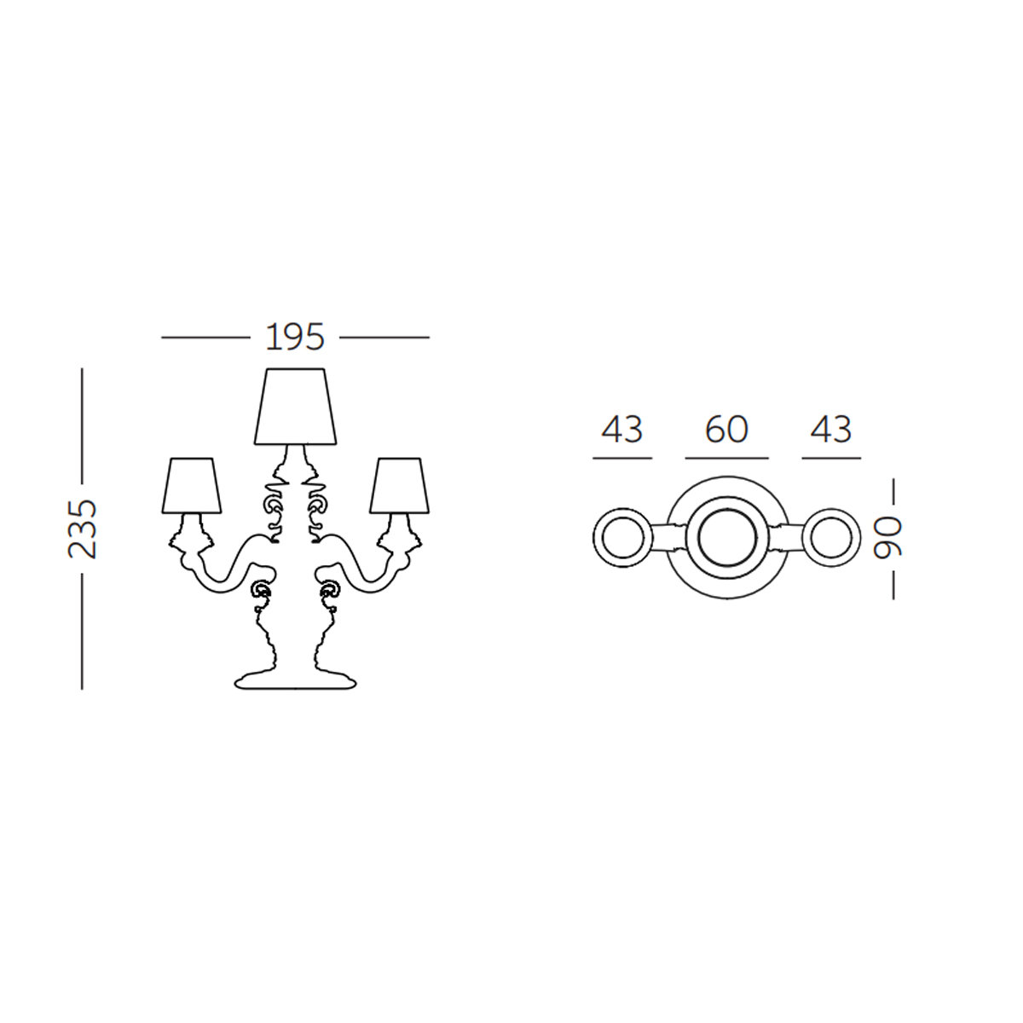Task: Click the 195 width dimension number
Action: click(295, 337)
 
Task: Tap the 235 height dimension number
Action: click(83, 529)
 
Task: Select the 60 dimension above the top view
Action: click(727, 430)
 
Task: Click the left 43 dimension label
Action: click(622, 430)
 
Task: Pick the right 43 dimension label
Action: click(831, 430)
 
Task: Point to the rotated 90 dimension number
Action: click(887, 538)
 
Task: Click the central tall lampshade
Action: click(295, 406)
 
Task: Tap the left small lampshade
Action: click(191, 486)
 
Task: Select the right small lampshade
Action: click(399, 486)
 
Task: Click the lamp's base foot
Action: click(295, 680)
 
